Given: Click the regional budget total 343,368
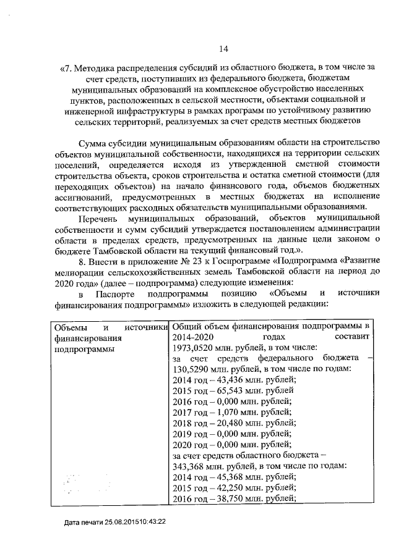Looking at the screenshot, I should [x=191, y=466].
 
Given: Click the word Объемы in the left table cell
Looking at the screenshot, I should [x=70, y=326].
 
